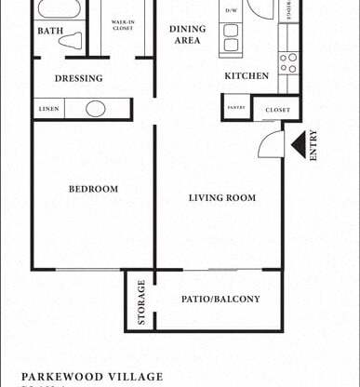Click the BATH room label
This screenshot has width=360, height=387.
point(51,31)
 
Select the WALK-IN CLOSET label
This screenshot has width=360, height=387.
point(123,24)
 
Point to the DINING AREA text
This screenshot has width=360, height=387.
point(187,34)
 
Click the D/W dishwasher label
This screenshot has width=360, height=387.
point(230,12)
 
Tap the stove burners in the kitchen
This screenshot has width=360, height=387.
point(288,62)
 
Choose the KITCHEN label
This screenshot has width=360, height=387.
point(247,75)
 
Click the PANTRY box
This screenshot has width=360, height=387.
point(236,107)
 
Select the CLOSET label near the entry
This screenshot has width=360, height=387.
point(277,110)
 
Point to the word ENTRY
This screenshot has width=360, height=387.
point(313,145)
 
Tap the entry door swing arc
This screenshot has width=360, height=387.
point(270,144)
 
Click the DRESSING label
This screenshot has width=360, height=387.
point(78,78)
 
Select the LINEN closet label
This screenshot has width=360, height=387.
point(49,109)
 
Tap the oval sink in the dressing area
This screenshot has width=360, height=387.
point(96,109)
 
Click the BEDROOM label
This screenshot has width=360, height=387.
point(93,189)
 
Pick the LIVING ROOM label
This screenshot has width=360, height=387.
point(221,197)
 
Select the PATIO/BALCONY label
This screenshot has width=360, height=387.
point(220,299)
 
